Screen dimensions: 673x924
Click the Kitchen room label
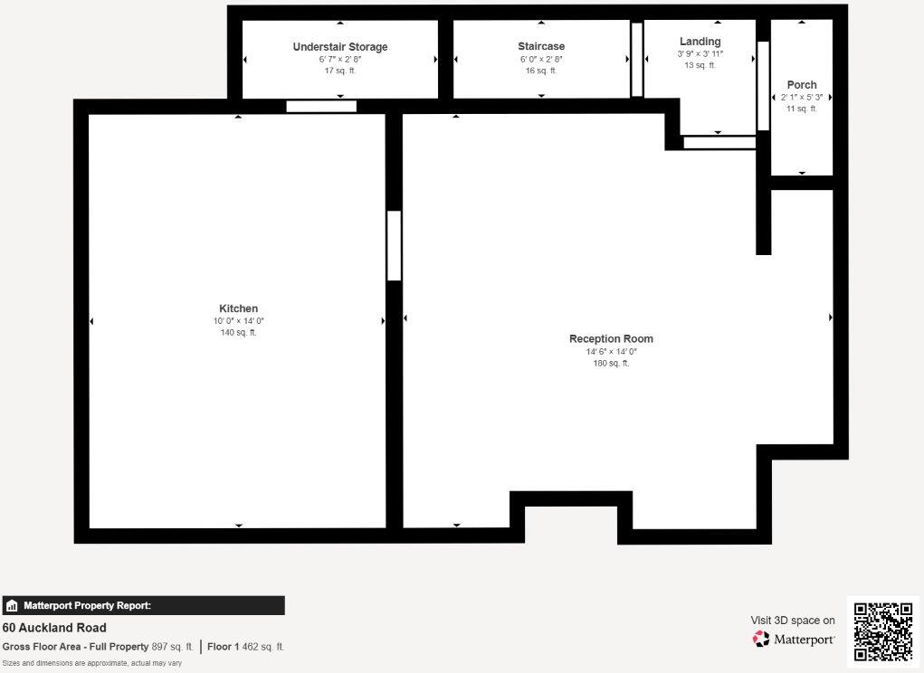(x=238, y=308)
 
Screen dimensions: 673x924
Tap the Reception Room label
(x=611, y=339)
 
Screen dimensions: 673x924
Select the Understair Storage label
(x=340, y=47)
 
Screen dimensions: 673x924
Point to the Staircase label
(x=541, y=46)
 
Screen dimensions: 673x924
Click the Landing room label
(x=700, y=42)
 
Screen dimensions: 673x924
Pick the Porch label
(x=802, y=85)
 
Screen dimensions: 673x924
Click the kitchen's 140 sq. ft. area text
(x=238, y=333)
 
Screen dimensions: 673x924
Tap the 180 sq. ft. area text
(x=611, y=364)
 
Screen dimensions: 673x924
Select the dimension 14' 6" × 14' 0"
(x=611, y=352)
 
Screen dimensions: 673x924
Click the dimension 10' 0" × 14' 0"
(x=238, y=321)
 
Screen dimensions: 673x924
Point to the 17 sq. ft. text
(x=340, y=71)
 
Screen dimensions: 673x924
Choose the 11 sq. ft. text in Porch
(x=802, y=109)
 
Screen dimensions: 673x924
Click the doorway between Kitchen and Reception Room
(x=394, y=245)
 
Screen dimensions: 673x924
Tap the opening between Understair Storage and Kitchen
(x=321, y=106)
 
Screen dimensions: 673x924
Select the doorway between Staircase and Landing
(x=637, y=59)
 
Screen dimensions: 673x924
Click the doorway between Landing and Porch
(x=763, y=85)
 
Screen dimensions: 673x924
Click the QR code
(x=883, y=631)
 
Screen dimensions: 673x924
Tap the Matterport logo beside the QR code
(x=794, y=639)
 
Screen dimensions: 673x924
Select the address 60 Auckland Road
(x=54, y=628)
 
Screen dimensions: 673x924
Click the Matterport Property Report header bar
(x=143, y=606)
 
